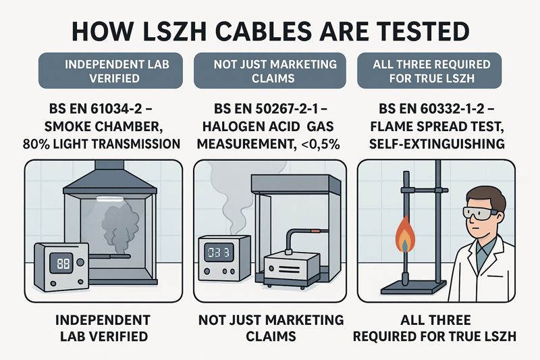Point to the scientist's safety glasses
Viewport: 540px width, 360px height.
click(x=480, y=211)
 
